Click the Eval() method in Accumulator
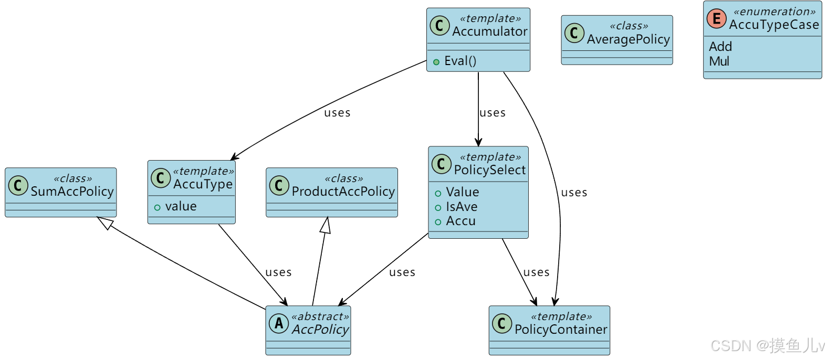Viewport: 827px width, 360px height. [x=460, y=61]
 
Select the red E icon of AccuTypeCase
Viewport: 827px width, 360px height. [x=716, y=19]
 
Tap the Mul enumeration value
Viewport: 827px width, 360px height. [x=719, y=61]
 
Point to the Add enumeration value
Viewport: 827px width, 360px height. [x=720, y=47]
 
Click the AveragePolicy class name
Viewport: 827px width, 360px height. [x=628, y=39]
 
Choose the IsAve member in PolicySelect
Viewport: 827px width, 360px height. [x=462, y=207]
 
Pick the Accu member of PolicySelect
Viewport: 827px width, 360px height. [x=460, y=221]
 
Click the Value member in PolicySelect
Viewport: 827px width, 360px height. [x=462, y=192]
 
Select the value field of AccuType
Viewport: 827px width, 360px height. [x=181, y=206]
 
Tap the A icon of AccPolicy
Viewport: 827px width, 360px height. [x=279, y=323]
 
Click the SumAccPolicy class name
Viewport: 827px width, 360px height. [x=72, y=192]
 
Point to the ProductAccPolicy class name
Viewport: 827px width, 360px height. [x=343, y=192]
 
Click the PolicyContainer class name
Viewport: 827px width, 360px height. [x=560, y=330]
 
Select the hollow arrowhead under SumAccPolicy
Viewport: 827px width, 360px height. [x=106, y=223]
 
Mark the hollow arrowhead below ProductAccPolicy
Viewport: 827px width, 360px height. [x=326, y=225]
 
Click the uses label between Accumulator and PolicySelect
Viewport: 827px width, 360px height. [x=493, y=113]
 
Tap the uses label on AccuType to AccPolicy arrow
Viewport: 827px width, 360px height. [x=278, y=272]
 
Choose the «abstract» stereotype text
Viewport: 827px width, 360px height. [x=320, y=316]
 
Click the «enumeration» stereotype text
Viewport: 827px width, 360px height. [x=774, y=12]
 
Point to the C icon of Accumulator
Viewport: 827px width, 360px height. [x=439, y=25]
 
